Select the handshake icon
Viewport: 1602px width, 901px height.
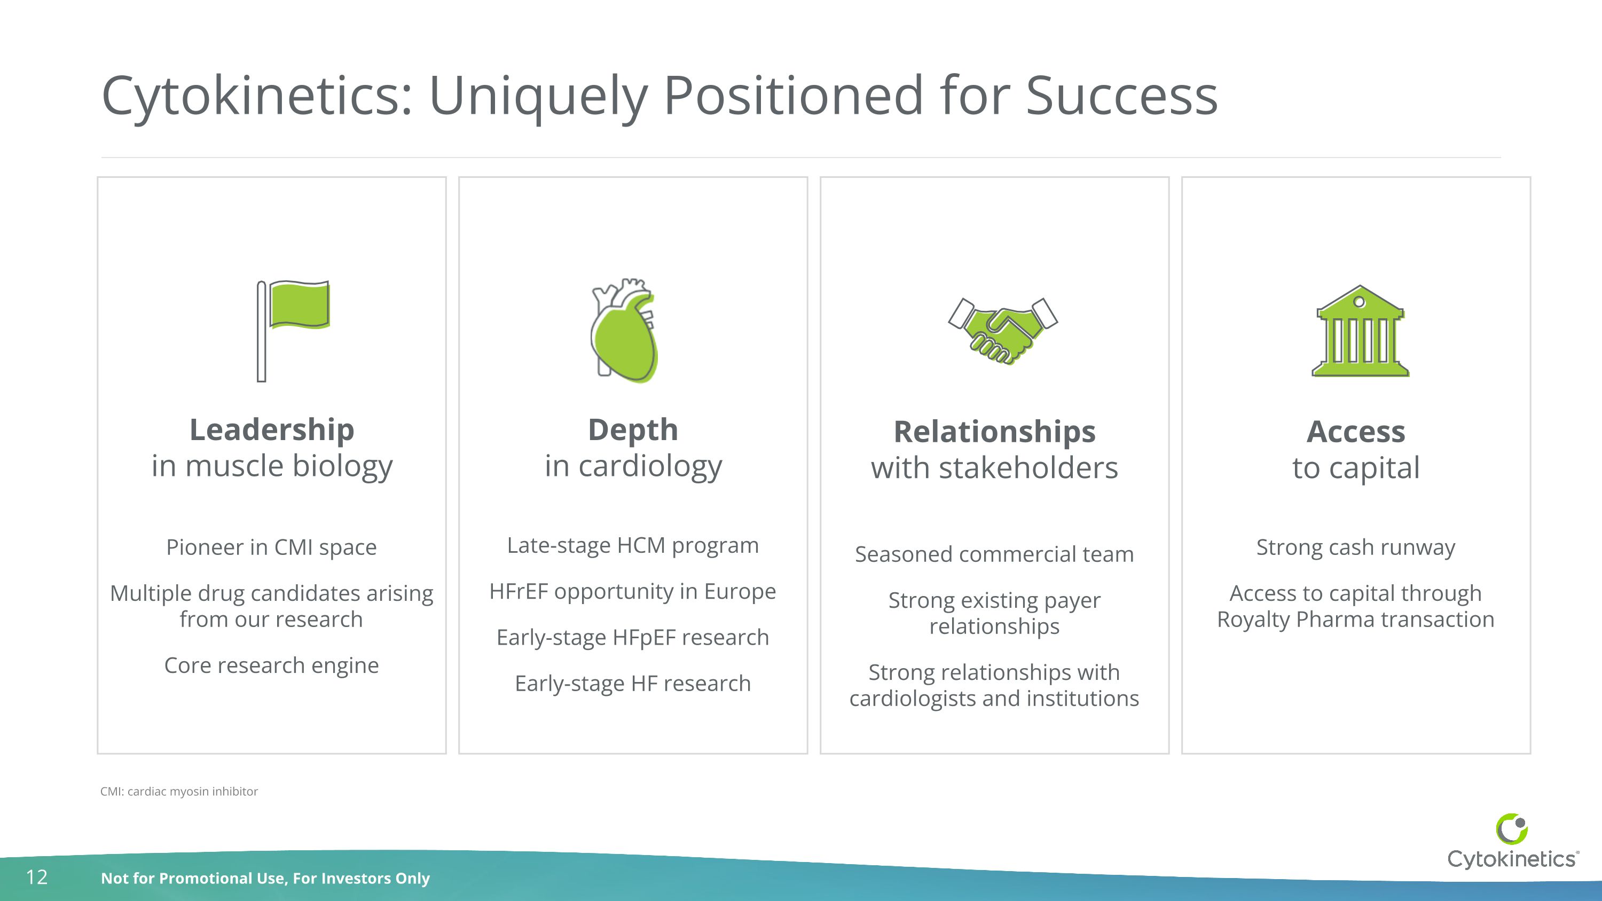click(x=1002, y=330)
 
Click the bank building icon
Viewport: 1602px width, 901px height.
click(x=1360, y=332)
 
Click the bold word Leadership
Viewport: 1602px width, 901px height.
click(x=272, y=429)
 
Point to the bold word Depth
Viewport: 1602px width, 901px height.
click(x=632, y=429)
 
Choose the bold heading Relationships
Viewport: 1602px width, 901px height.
click(x=994, y=432)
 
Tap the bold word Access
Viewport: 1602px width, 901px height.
click(x=1355, y=432)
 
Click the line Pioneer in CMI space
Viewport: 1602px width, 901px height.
click(x=271, y=547)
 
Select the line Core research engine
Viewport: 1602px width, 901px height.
click(x=271, y=665)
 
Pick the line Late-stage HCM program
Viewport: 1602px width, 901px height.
click(x=632, y=545)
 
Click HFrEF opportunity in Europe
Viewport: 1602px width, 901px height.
click(x=632, y=591)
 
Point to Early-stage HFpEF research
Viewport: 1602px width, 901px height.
click(x=632, y=637)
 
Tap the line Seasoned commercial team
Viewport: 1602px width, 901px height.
click(x=994, y=554)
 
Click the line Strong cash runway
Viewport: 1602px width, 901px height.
click(x=1355, y=547)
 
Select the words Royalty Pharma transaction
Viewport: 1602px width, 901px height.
click(x=1355, y=620)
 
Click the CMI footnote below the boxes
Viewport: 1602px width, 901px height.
click(x=179, y=792)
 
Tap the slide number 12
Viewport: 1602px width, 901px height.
click(x=37, y=878)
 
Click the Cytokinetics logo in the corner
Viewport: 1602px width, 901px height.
click(x=1511, y=843)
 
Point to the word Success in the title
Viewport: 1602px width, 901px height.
click(x=1121, y=96)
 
